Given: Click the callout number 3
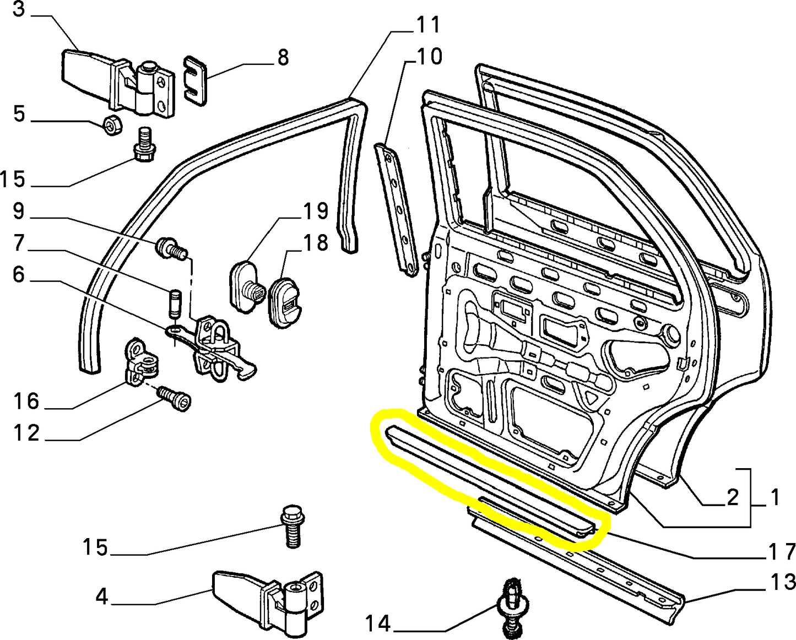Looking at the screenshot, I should [x=18, y=9].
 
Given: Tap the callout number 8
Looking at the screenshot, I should [x=283, y=57].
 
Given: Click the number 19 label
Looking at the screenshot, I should [x=316, y=211].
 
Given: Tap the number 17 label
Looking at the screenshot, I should [x=783, y=551].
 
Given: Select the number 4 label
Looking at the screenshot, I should [x=102, y=596].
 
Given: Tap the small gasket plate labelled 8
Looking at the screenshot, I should [x=195, y=80].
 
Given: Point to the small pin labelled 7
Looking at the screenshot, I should [x=174, y=303].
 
